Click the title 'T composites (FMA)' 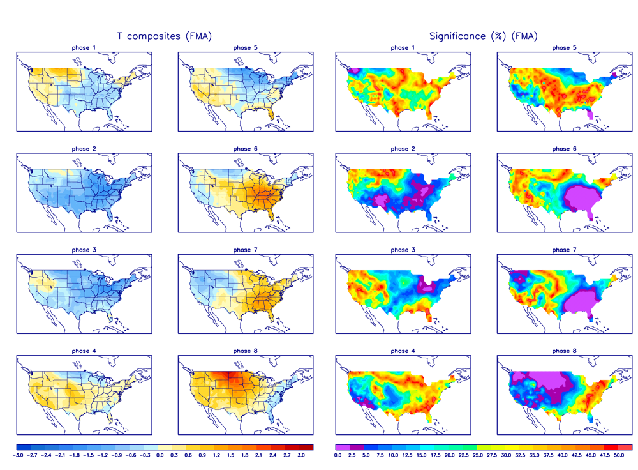[164, 36]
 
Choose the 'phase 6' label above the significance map [561, 149]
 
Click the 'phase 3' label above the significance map [400, 250]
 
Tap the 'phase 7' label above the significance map [561, 250]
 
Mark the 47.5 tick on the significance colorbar [604, 455]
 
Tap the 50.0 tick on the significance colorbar [618, 455]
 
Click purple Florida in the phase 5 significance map [592, 114]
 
